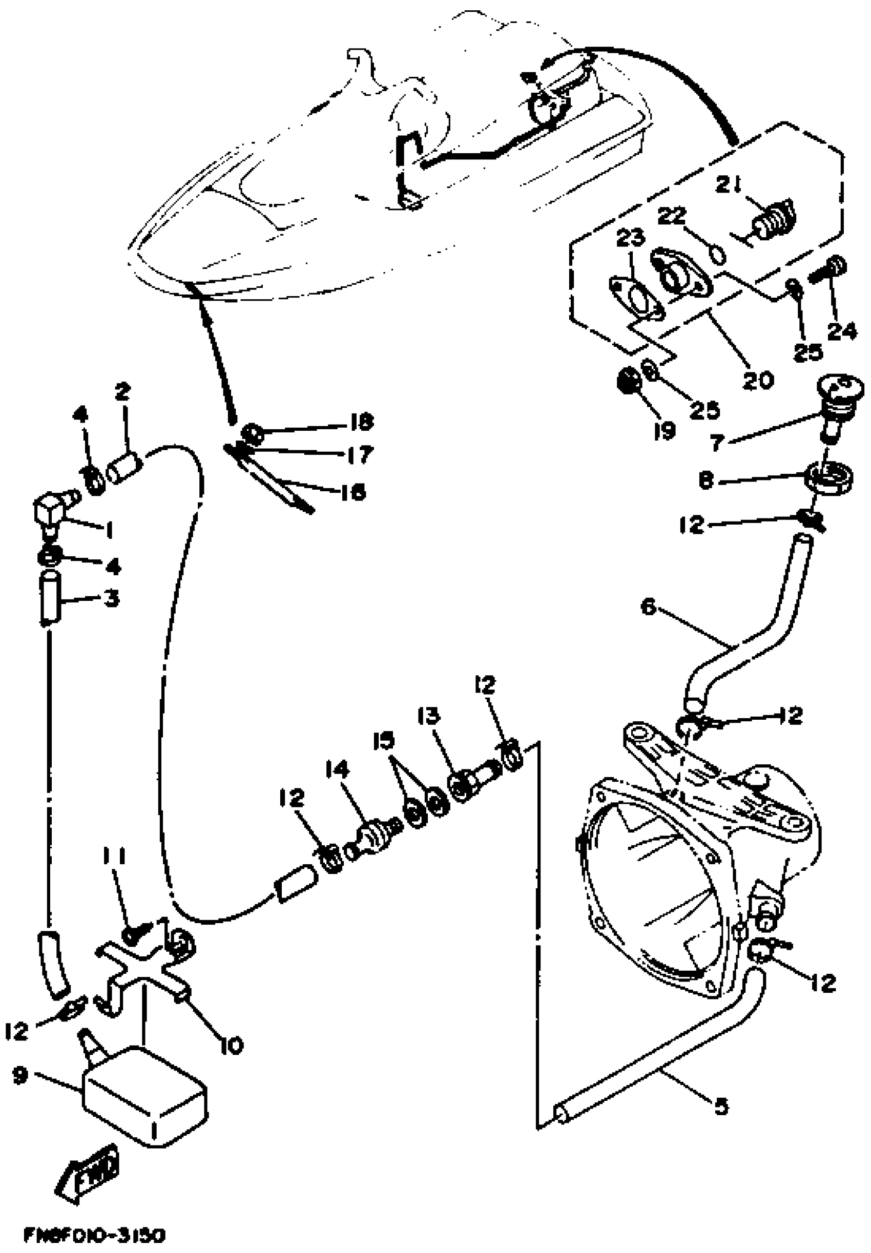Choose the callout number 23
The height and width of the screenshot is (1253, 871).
630,238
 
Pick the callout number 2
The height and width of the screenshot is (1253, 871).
122,391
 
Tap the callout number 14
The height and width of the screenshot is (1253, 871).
337,770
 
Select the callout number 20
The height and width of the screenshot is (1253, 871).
758,379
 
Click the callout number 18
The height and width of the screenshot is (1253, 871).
361,421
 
